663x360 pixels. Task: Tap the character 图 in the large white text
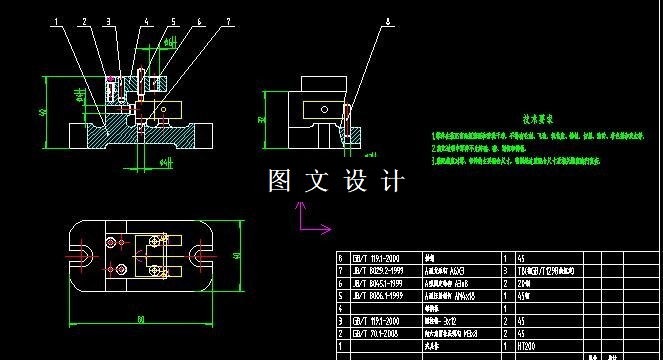[x=281, y=181]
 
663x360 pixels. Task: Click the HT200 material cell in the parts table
[x=524, y=346]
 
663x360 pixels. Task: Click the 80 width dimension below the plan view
[x=140, y=319]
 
